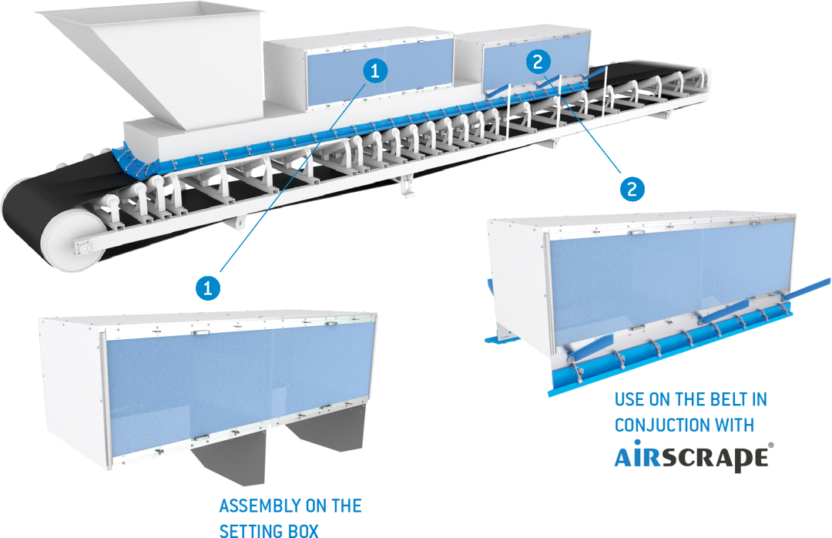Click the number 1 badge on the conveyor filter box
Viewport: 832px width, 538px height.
tap(374, 72)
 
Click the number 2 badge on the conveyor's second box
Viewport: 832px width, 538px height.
tap(539, 62)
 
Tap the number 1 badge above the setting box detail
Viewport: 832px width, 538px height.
tap(206, 288)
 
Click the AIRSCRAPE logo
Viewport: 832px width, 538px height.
tap(693, 457)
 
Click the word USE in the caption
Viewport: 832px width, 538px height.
tap(631, 400)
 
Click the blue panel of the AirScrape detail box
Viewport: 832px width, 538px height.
tap(663, 277)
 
